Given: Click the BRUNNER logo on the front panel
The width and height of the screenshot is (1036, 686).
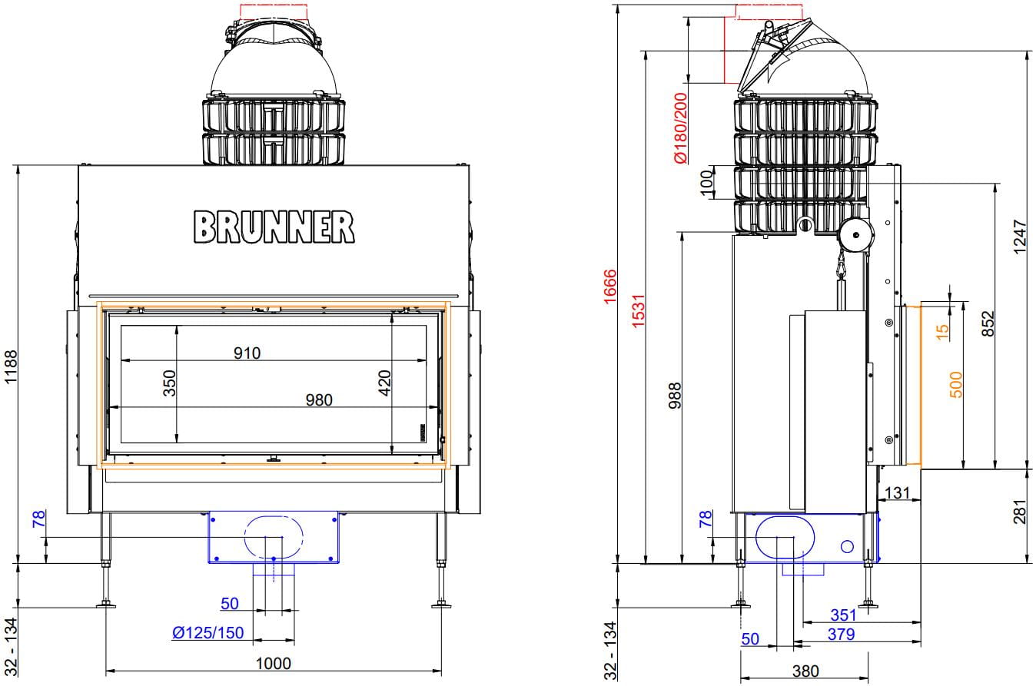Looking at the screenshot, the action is tap(274, 227).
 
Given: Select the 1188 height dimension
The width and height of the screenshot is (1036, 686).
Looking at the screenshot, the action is tap(10, 366).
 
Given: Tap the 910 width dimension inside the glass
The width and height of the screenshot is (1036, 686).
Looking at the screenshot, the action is tap(247, 353).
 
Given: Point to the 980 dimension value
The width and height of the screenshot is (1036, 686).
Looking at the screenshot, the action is tap(319, 400).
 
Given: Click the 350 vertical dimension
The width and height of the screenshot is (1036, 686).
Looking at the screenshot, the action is tap(170, 383).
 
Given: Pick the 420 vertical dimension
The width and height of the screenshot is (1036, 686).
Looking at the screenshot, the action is tap(384, 383).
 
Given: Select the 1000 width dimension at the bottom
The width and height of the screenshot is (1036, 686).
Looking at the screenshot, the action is tap(274, 664).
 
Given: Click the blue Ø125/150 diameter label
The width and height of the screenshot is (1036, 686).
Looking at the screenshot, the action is tap(208, 633).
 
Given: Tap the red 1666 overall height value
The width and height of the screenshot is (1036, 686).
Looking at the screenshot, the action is tap(610, 287).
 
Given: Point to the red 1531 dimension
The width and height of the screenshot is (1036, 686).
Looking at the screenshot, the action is tap(638, 310).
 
